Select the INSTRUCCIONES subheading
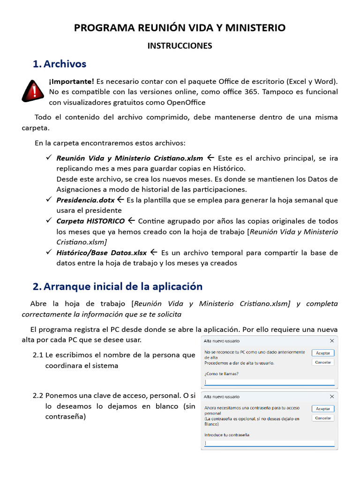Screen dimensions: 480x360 click(x=180, y=46)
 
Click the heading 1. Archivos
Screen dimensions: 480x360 click(x=60, y=64)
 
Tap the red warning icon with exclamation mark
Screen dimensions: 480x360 click(x=33, y=91)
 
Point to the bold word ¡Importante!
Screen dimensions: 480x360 click(x=71, y=82)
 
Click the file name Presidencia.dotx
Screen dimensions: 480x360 click(x=85, y=200)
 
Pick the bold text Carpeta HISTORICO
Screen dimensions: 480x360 click(x=90, y=221)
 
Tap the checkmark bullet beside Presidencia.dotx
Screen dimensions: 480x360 click(x=48, y=200)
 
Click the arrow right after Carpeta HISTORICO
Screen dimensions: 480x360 click(x=131, y=221)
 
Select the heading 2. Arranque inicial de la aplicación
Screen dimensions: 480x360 click(x=117, y=286)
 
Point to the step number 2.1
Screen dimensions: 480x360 click(x=38, y=355)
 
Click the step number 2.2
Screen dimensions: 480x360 click(x=38, y=396)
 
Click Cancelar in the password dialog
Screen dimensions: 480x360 click(x=323, y=418)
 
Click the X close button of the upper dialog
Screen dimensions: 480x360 click(x=332, y=341)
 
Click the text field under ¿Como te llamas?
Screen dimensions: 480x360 click(x=269, y=382)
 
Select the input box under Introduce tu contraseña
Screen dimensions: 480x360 click(x=269, y=443)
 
